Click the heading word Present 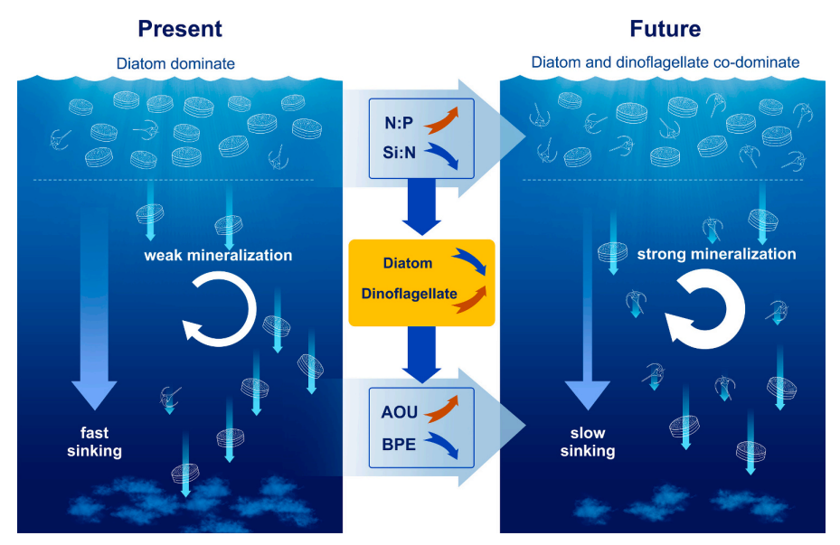click(180, 29)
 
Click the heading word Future click(665, 29)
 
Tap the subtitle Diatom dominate click(175, 63)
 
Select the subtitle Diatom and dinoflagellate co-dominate click(665, 62)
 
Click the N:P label click(399, 123)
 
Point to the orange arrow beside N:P click(441, 120)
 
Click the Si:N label click(399, 153)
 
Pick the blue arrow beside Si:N click(441, 155)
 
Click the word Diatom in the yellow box click(408, 263)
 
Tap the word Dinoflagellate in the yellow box click(410, 294)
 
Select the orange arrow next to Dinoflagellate click(470, 300)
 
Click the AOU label click(399, 412)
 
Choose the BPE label click(399, 445)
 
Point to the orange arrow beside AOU click(441, 409)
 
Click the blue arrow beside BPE click(441, 446)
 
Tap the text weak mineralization click(218, 256)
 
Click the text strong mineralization click(716, 254)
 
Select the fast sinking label click(94, 442)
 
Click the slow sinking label click(588, 442)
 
